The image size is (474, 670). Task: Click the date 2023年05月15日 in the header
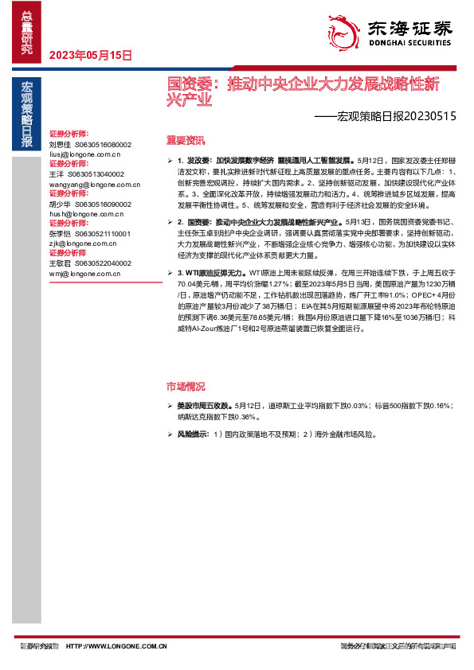91,55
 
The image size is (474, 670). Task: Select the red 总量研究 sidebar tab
27,32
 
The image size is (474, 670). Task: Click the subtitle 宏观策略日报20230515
385,115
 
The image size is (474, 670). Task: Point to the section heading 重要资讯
186,140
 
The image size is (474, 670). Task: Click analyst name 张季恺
60,234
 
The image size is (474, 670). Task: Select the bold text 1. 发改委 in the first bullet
192,161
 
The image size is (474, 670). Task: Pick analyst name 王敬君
60,263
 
